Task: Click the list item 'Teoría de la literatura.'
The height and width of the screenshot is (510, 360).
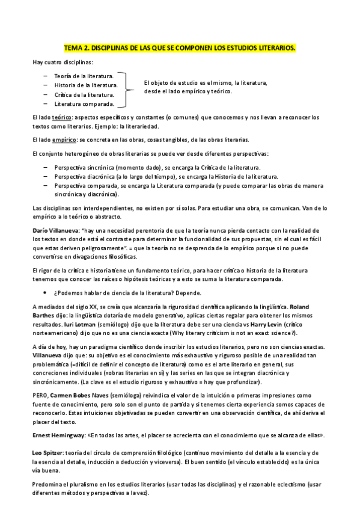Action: click(84, 76)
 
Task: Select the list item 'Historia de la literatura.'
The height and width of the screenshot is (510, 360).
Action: click(85, 85)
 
